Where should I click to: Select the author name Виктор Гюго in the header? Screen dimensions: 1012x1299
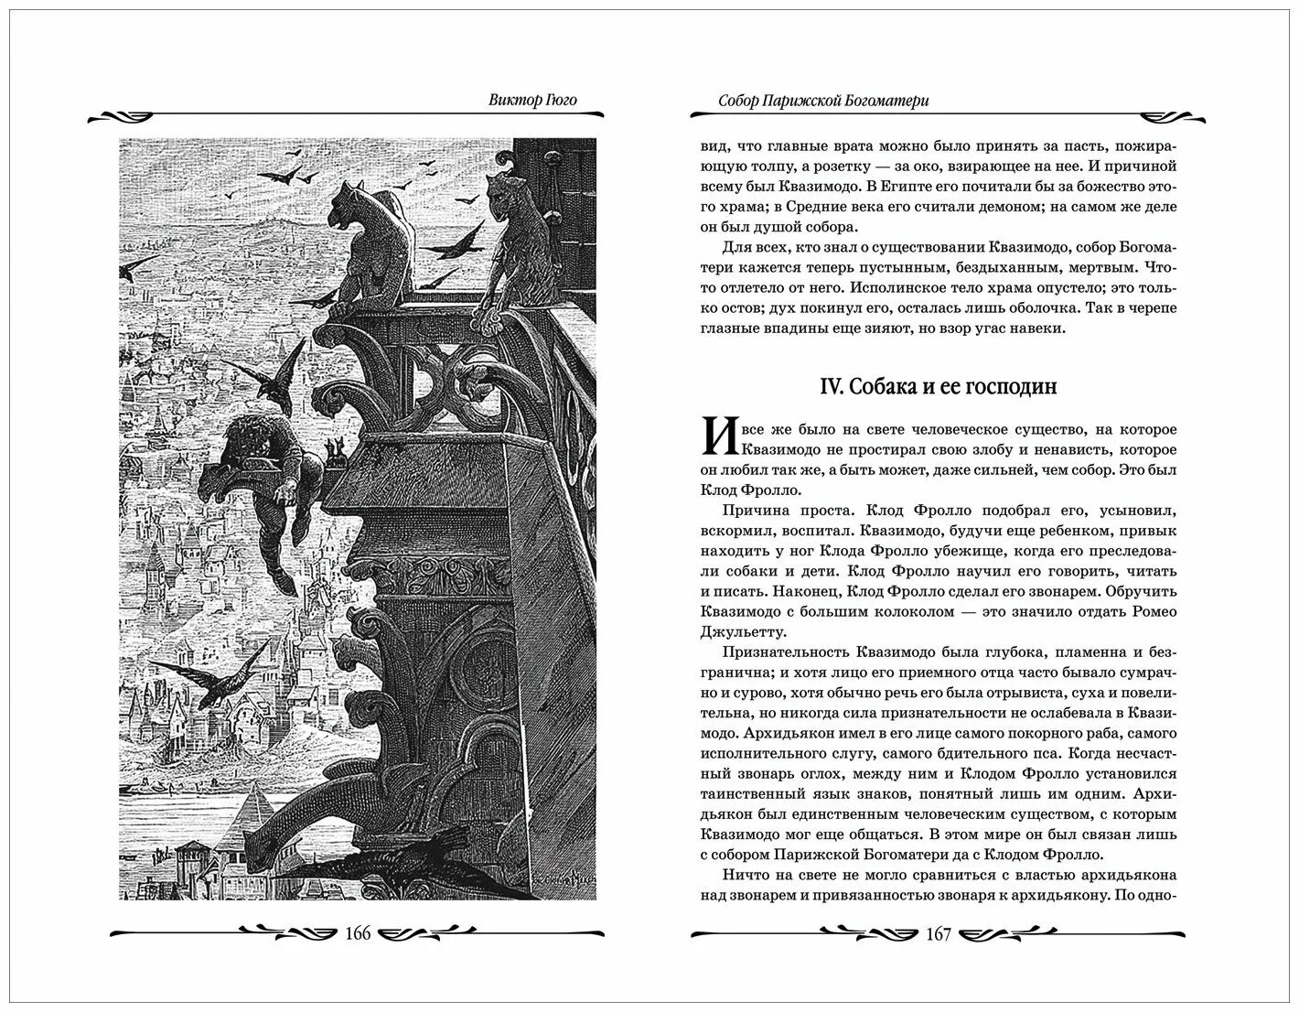point(531,100)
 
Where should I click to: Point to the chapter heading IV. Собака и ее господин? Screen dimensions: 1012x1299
point(937,386)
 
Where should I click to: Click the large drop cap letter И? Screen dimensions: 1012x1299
point(719,437)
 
